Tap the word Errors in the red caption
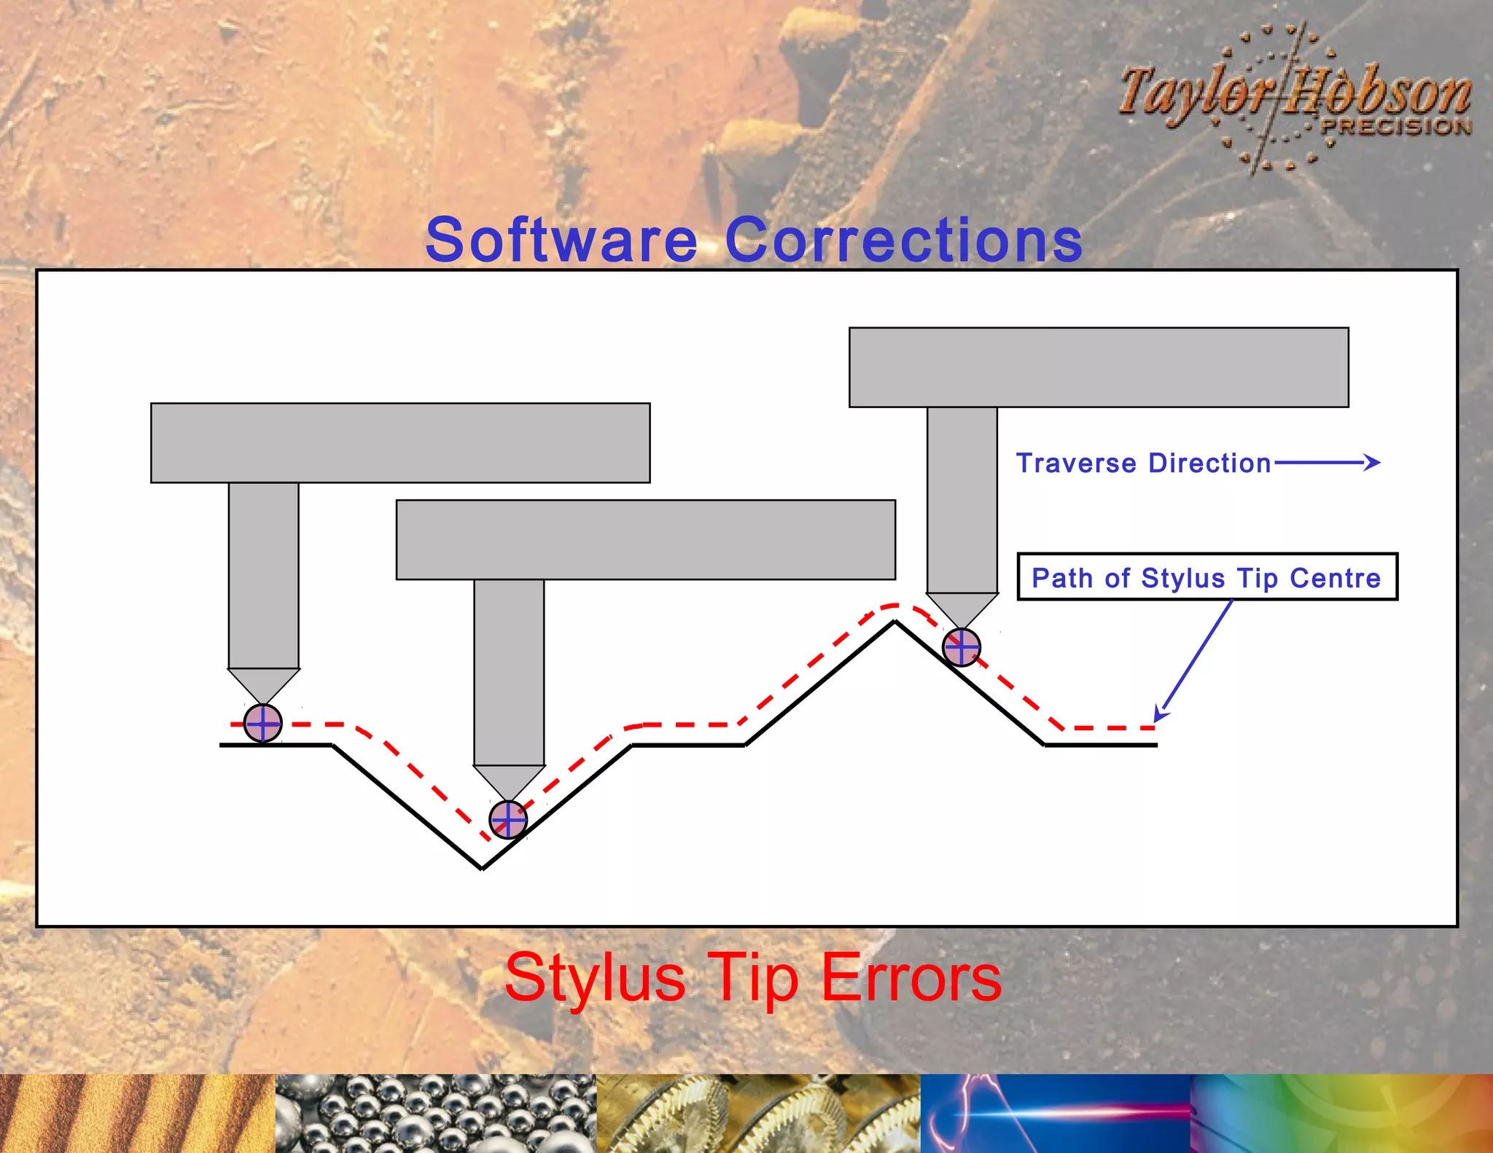911,977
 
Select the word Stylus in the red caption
595,977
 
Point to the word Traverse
1076,464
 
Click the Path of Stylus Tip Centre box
1207,577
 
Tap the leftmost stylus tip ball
262,723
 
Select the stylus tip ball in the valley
507,820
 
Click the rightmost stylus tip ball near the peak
962,647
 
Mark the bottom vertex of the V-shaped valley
482,867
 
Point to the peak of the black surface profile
895,622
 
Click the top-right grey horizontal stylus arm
1099,367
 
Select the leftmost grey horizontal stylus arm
400,442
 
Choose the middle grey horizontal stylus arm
645,539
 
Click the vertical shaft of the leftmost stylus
263,575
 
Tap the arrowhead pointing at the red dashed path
1160,715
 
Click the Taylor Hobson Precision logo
1294,98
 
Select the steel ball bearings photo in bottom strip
435,1113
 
